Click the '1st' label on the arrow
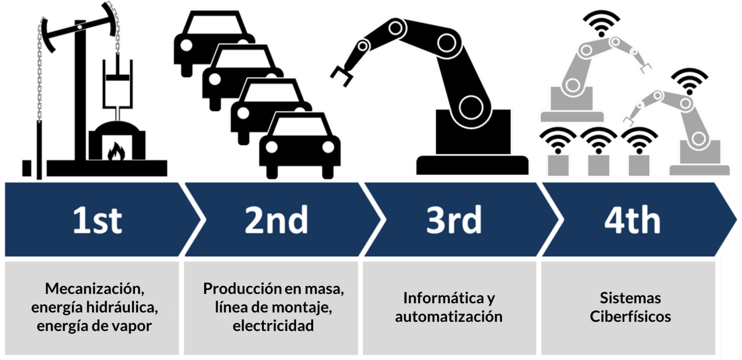coord(97,220)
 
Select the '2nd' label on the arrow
coord(277,220)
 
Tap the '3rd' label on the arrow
coord(454,220)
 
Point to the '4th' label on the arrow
coord(632,220)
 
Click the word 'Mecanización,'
coord(94,289)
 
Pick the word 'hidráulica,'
coord(122,307)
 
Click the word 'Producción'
coord(242,289)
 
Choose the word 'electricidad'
coord(273,325)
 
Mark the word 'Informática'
coord(443,298)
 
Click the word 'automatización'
coord(449,317)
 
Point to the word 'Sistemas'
coord(630,298)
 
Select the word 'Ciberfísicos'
coord(630,317)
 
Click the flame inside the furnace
coord(117,151)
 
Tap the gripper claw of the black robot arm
coord(341,76)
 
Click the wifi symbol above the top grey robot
coord(601,23)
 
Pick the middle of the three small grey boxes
coord(598,165)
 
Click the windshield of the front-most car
coord(299,127)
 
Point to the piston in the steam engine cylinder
coord(117,78)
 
